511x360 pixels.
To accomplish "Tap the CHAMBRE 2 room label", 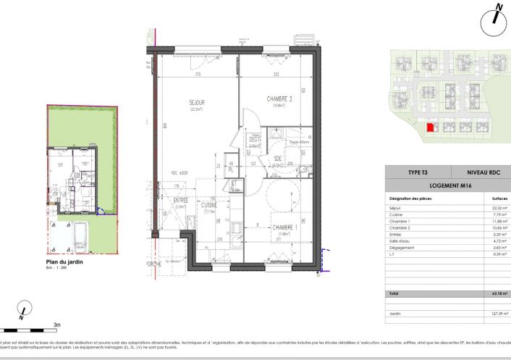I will [x=279, y=99].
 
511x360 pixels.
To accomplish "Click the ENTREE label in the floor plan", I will [x=180, y=201].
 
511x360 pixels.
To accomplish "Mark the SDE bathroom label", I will [x=278, y=160].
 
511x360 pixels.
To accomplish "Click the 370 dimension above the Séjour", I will [x=196, y=74].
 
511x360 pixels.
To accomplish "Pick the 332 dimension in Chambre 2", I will [x=276, y=74].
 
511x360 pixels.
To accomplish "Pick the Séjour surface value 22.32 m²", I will [x=499, y=207].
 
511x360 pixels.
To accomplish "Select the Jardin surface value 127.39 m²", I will [x=497, y=314].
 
